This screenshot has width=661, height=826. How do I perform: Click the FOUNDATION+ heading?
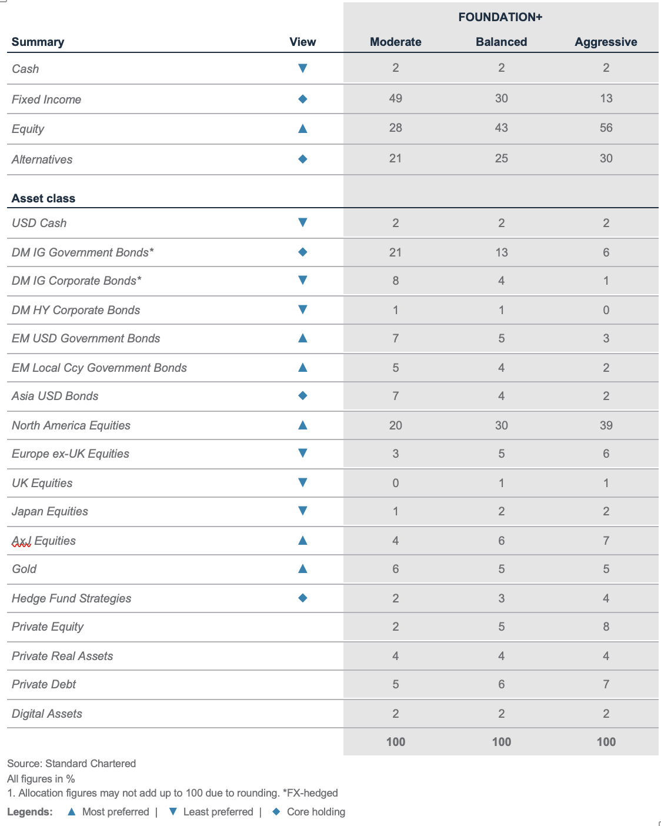tap(500, 17)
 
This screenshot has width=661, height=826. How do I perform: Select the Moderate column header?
tap(395, 42)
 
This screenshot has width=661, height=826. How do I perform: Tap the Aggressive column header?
tap(606, 42)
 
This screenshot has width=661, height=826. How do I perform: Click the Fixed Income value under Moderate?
tap(395, 98)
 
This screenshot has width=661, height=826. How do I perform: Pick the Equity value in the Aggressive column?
tap(606, 128)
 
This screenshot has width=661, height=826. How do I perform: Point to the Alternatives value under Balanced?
tap(501, 158)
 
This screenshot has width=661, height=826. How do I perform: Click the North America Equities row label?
tap(71, 425)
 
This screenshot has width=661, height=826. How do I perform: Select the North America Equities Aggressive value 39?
tap(606, 425)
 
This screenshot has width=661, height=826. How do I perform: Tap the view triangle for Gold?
tap(303, 568)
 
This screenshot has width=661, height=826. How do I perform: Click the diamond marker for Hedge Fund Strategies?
tap(303, 598)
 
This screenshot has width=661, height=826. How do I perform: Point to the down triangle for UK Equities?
tap(303, 482)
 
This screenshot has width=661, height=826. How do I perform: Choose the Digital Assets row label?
tap(47, 714)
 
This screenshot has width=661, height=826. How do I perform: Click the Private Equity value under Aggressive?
tap(606, 627)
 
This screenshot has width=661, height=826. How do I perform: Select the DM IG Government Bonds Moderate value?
tap(395, 252)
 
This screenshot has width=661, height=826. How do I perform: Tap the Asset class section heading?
tap(44, 198)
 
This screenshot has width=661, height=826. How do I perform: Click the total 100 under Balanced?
tap(501, 742)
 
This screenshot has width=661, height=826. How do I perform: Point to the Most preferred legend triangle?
tap(72, 811)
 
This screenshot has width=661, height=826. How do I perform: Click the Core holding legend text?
tap(316, 812)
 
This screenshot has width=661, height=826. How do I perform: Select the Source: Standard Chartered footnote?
tap(72, 764)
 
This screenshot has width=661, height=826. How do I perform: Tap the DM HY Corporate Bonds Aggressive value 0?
tap(606, 310)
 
